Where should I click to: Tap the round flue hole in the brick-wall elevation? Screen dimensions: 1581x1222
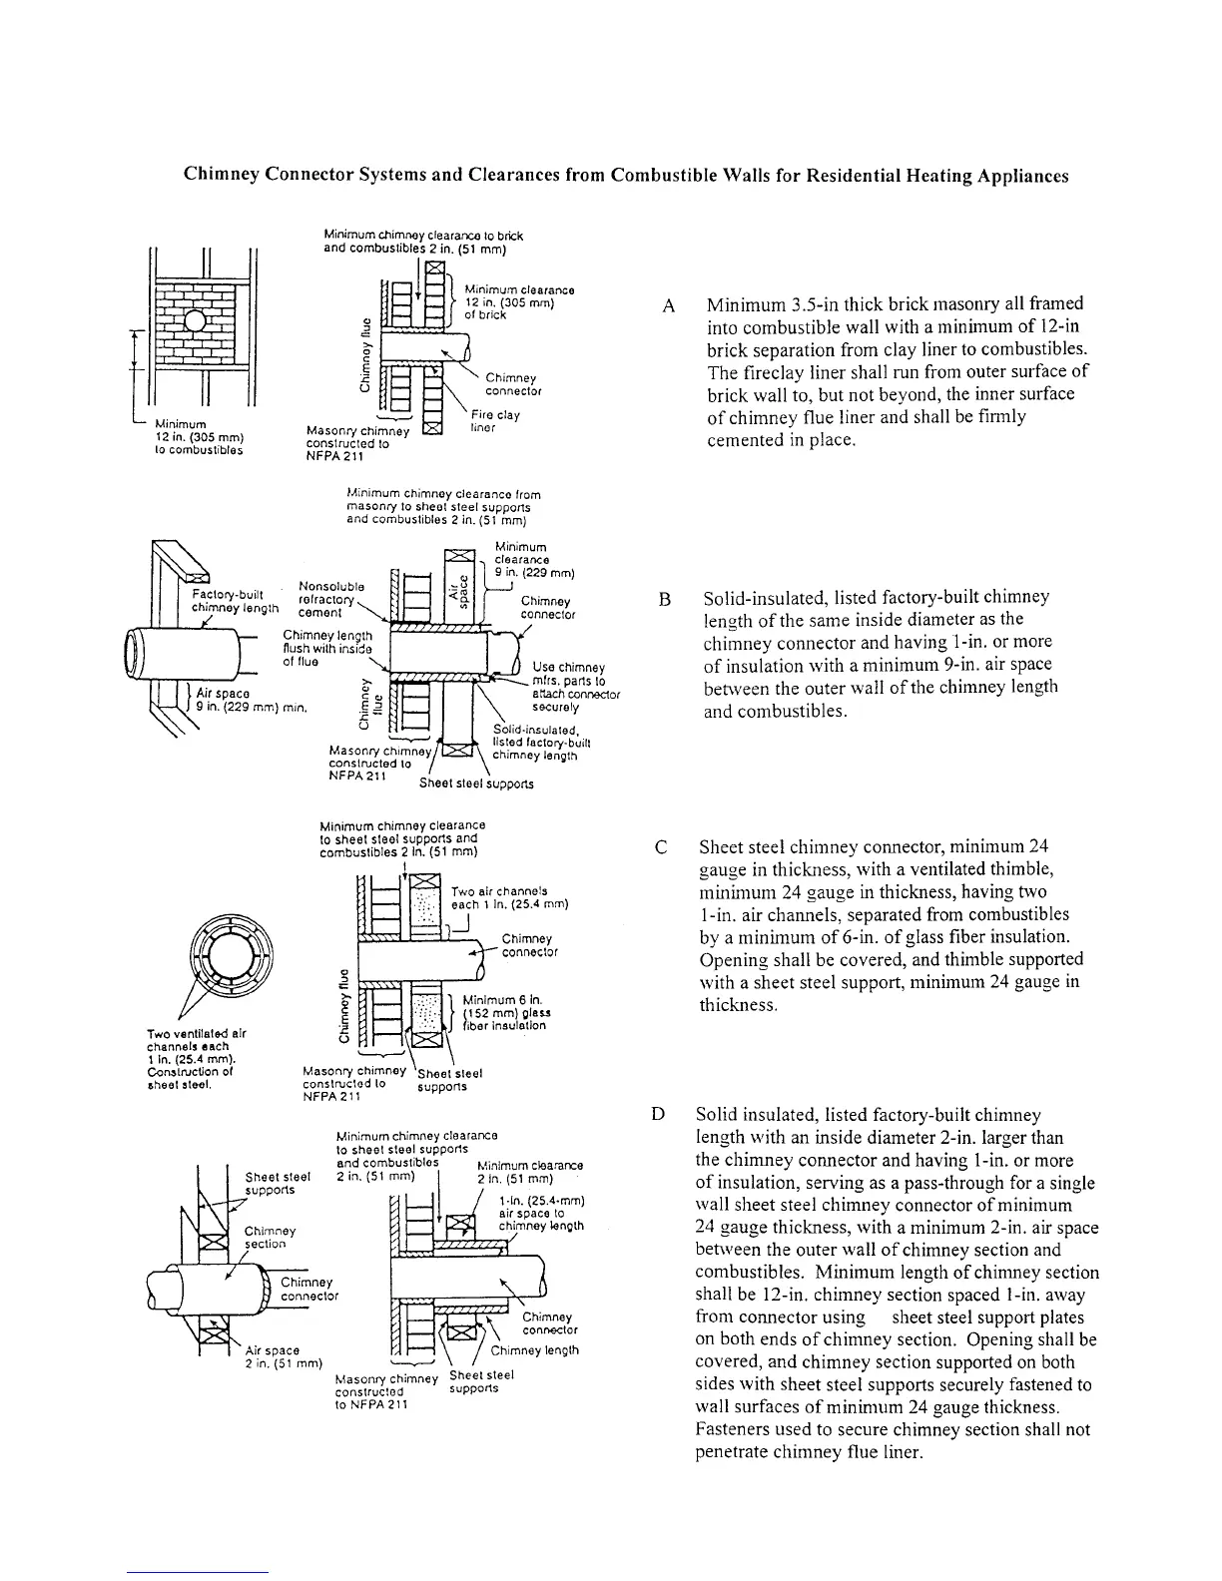(x=195, y=322)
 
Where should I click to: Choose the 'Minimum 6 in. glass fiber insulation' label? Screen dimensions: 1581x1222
(x=505, y=1012)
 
